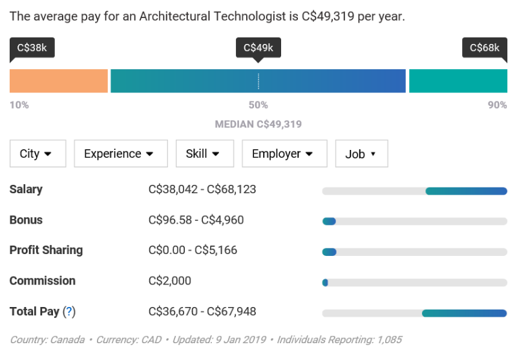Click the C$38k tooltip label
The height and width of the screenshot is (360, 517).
(32, 48)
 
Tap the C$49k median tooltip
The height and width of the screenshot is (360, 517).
(258, 48)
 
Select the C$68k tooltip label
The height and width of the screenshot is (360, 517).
(485, 48)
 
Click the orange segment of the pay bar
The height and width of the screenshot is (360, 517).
(59, 81)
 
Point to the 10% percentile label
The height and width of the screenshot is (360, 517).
(19, 105)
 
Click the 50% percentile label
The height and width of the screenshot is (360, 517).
(258, 105)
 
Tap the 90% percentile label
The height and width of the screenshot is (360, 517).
(498, 105)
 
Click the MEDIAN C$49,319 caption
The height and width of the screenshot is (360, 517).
(258, 124)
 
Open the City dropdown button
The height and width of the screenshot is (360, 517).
(38, 154)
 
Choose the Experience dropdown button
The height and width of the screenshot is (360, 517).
(121, 154)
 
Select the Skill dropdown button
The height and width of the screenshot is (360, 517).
(205, 154)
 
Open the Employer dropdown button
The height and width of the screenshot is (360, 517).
(284, 154)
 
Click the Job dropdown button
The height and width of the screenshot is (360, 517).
(362, 154)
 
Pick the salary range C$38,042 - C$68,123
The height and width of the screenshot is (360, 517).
(202, 189)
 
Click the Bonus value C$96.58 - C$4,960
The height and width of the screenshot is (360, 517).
(196, 220)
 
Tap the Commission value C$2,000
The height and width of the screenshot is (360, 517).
(170, 281)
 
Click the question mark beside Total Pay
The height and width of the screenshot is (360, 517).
(69, 312)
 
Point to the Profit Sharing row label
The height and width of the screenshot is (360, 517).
(46, 250)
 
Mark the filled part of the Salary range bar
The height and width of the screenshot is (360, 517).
(466, 191)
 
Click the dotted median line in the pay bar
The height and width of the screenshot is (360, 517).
(258, 81)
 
